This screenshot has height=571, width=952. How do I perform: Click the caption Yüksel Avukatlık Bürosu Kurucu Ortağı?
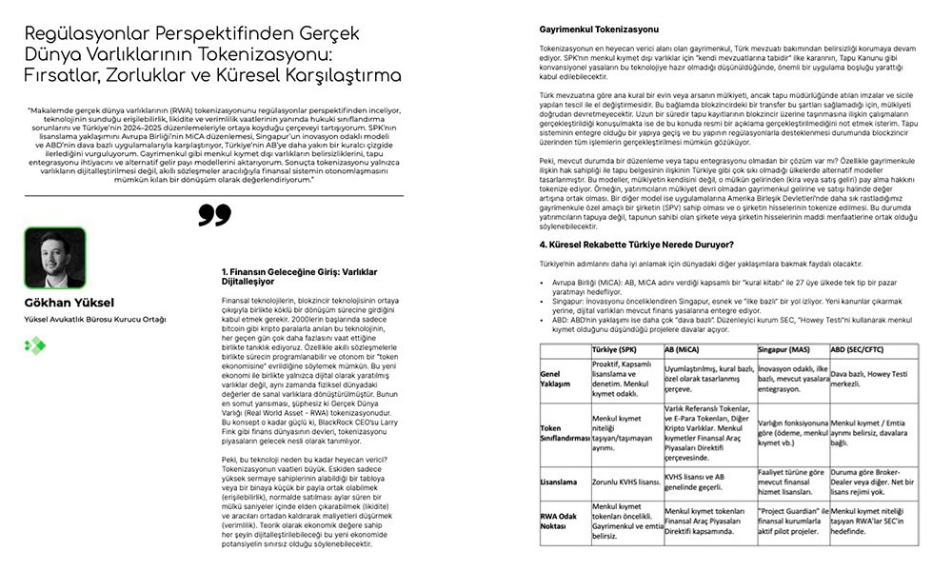pyautogui.click(x=95, y=319)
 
